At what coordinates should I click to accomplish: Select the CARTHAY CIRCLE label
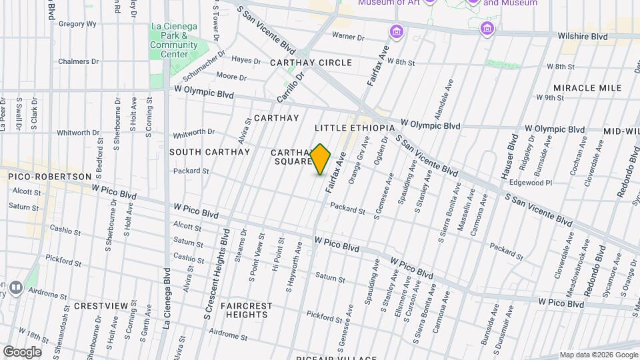(x=311, y=62)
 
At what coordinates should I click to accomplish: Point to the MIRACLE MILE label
(x=587, y=88)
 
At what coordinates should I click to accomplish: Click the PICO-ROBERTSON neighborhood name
(x=49, y=176)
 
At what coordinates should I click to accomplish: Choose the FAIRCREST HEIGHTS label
(x=247, y=310)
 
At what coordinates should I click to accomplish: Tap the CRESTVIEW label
(x=101, y=305)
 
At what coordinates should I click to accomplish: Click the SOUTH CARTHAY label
(x=209, y=152)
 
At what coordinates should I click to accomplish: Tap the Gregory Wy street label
(x=79, y=23)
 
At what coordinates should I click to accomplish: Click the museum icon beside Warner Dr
(x=397, y=32)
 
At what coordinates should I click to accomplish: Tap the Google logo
(x=22, y=351)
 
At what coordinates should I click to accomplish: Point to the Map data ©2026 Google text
(x=598, y=355)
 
